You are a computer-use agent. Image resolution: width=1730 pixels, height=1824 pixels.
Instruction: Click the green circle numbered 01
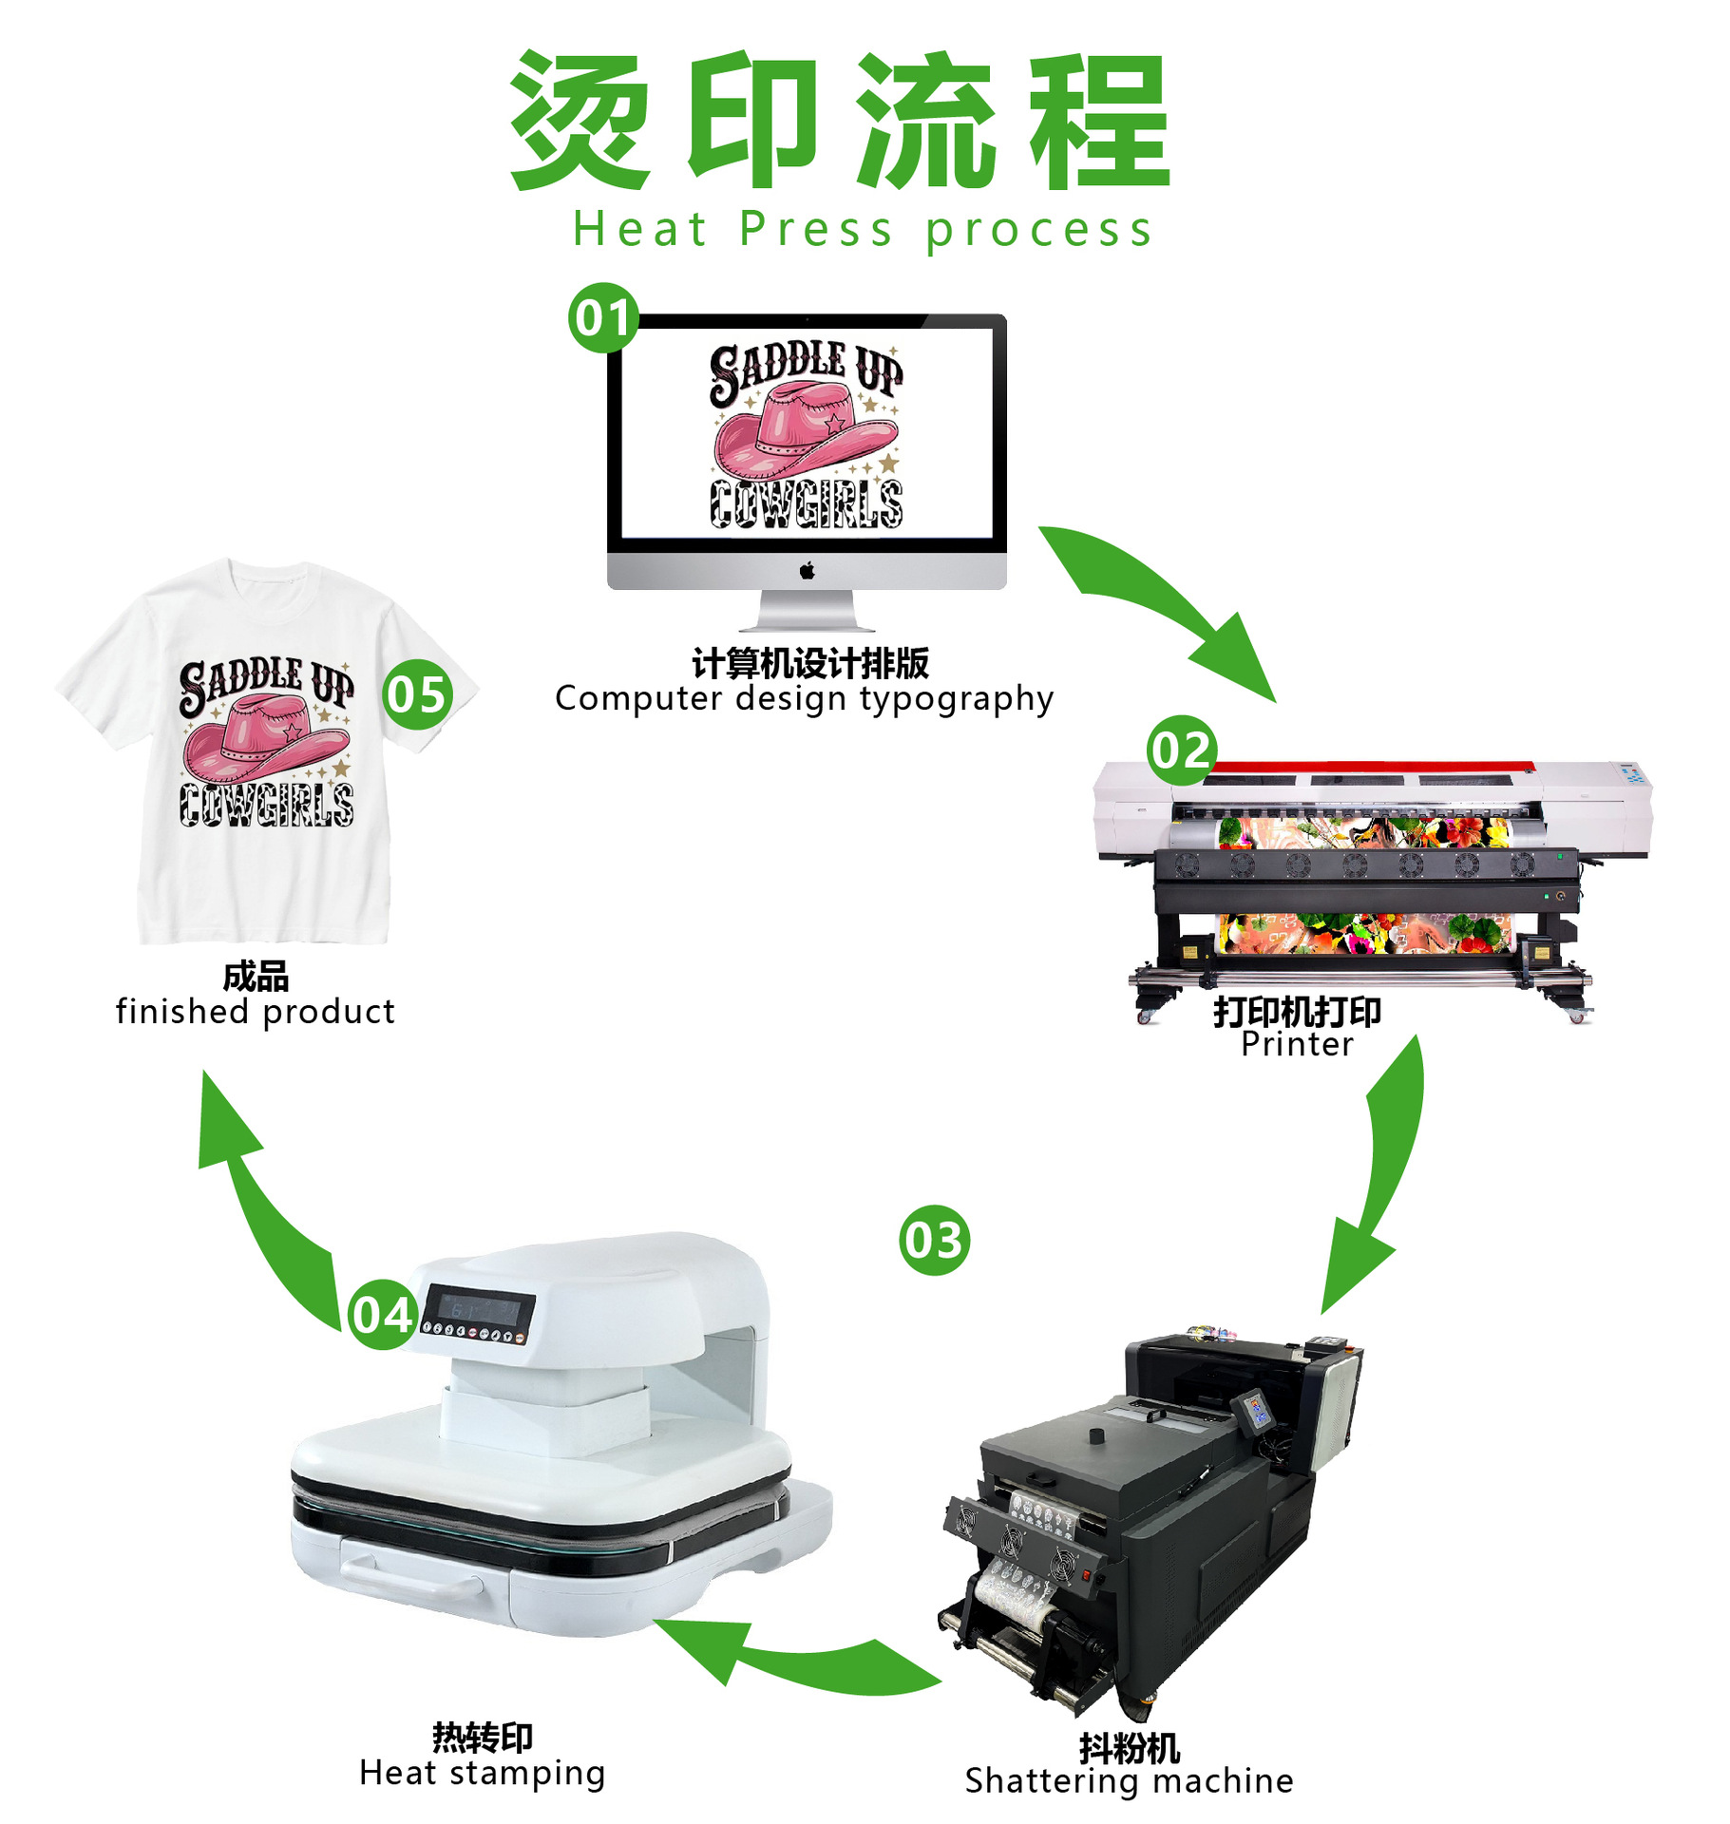click(602, 318)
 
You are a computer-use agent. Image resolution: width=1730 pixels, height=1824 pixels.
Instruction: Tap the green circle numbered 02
click(1181, 750)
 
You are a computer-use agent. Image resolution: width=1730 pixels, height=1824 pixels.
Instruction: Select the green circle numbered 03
click(934, 1241)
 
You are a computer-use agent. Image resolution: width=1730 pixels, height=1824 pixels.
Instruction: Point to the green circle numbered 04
click(382, 1315)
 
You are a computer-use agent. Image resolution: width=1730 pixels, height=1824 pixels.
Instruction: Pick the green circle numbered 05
click(417, 694)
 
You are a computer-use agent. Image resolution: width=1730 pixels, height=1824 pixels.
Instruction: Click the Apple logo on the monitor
click(807, 570)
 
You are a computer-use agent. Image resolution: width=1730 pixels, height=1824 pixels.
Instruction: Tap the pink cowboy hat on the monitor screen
click(804, 432)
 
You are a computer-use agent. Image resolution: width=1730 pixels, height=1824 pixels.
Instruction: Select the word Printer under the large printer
click(1297, 1044)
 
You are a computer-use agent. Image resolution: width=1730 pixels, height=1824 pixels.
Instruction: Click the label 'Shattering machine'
click(1129, 1781)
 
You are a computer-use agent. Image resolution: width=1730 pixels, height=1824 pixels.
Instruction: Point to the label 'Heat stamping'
click(482, 1774)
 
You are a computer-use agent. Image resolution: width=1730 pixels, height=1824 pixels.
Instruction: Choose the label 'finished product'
click(255, 1012)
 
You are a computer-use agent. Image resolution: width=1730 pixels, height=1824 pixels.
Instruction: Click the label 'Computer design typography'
click(804, 699)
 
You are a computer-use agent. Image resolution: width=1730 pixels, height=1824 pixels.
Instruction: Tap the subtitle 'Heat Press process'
click(863, 230)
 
